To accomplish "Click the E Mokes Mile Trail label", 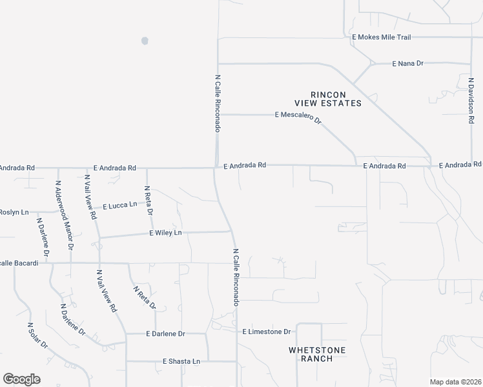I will [x=381, y=37].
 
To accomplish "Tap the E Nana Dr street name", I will [x=407, y=63].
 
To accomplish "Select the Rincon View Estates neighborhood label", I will [x=327, y=98].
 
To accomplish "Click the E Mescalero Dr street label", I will [x=298, y=116].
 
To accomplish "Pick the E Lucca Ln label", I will [x=119, y=204].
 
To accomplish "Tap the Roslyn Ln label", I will [x=14, y=212].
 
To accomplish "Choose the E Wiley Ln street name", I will [x=165, y=232].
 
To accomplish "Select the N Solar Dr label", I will [x=37, y=336].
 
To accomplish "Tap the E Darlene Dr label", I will [x=165, y=333].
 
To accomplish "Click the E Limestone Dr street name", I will [x=267, y=332].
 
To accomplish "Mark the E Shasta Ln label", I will [x=181, y=361].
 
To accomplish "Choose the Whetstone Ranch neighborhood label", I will [x=316, y=354].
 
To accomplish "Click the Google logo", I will [x=21, y=379].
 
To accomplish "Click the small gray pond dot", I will [x=145, y=41].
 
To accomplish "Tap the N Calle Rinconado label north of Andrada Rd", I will [x=218, y=103].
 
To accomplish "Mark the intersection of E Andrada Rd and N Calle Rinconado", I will [x=216, y=168].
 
